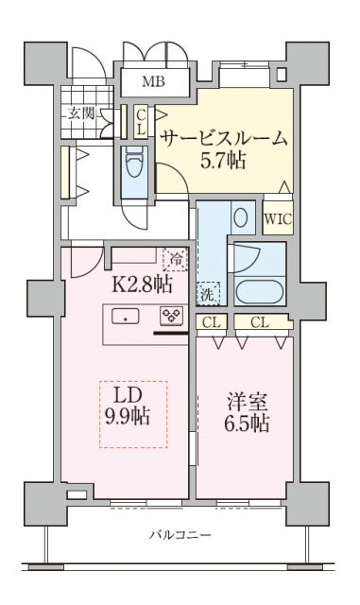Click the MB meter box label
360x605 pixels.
[152, 80]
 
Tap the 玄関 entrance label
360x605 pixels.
[80, 113]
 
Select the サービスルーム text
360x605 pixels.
[222, 138]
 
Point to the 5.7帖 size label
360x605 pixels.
[222, 160]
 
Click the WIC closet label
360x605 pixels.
[277, 218]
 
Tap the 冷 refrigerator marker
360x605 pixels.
[173, 257]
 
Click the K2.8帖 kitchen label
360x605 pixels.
[143, 281]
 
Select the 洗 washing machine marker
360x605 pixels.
[207, 293]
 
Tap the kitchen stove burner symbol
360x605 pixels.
[171, 317]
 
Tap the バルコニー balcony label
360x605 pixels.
[180, 535]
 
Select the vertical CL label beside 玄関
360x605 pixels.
[140, 122]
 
